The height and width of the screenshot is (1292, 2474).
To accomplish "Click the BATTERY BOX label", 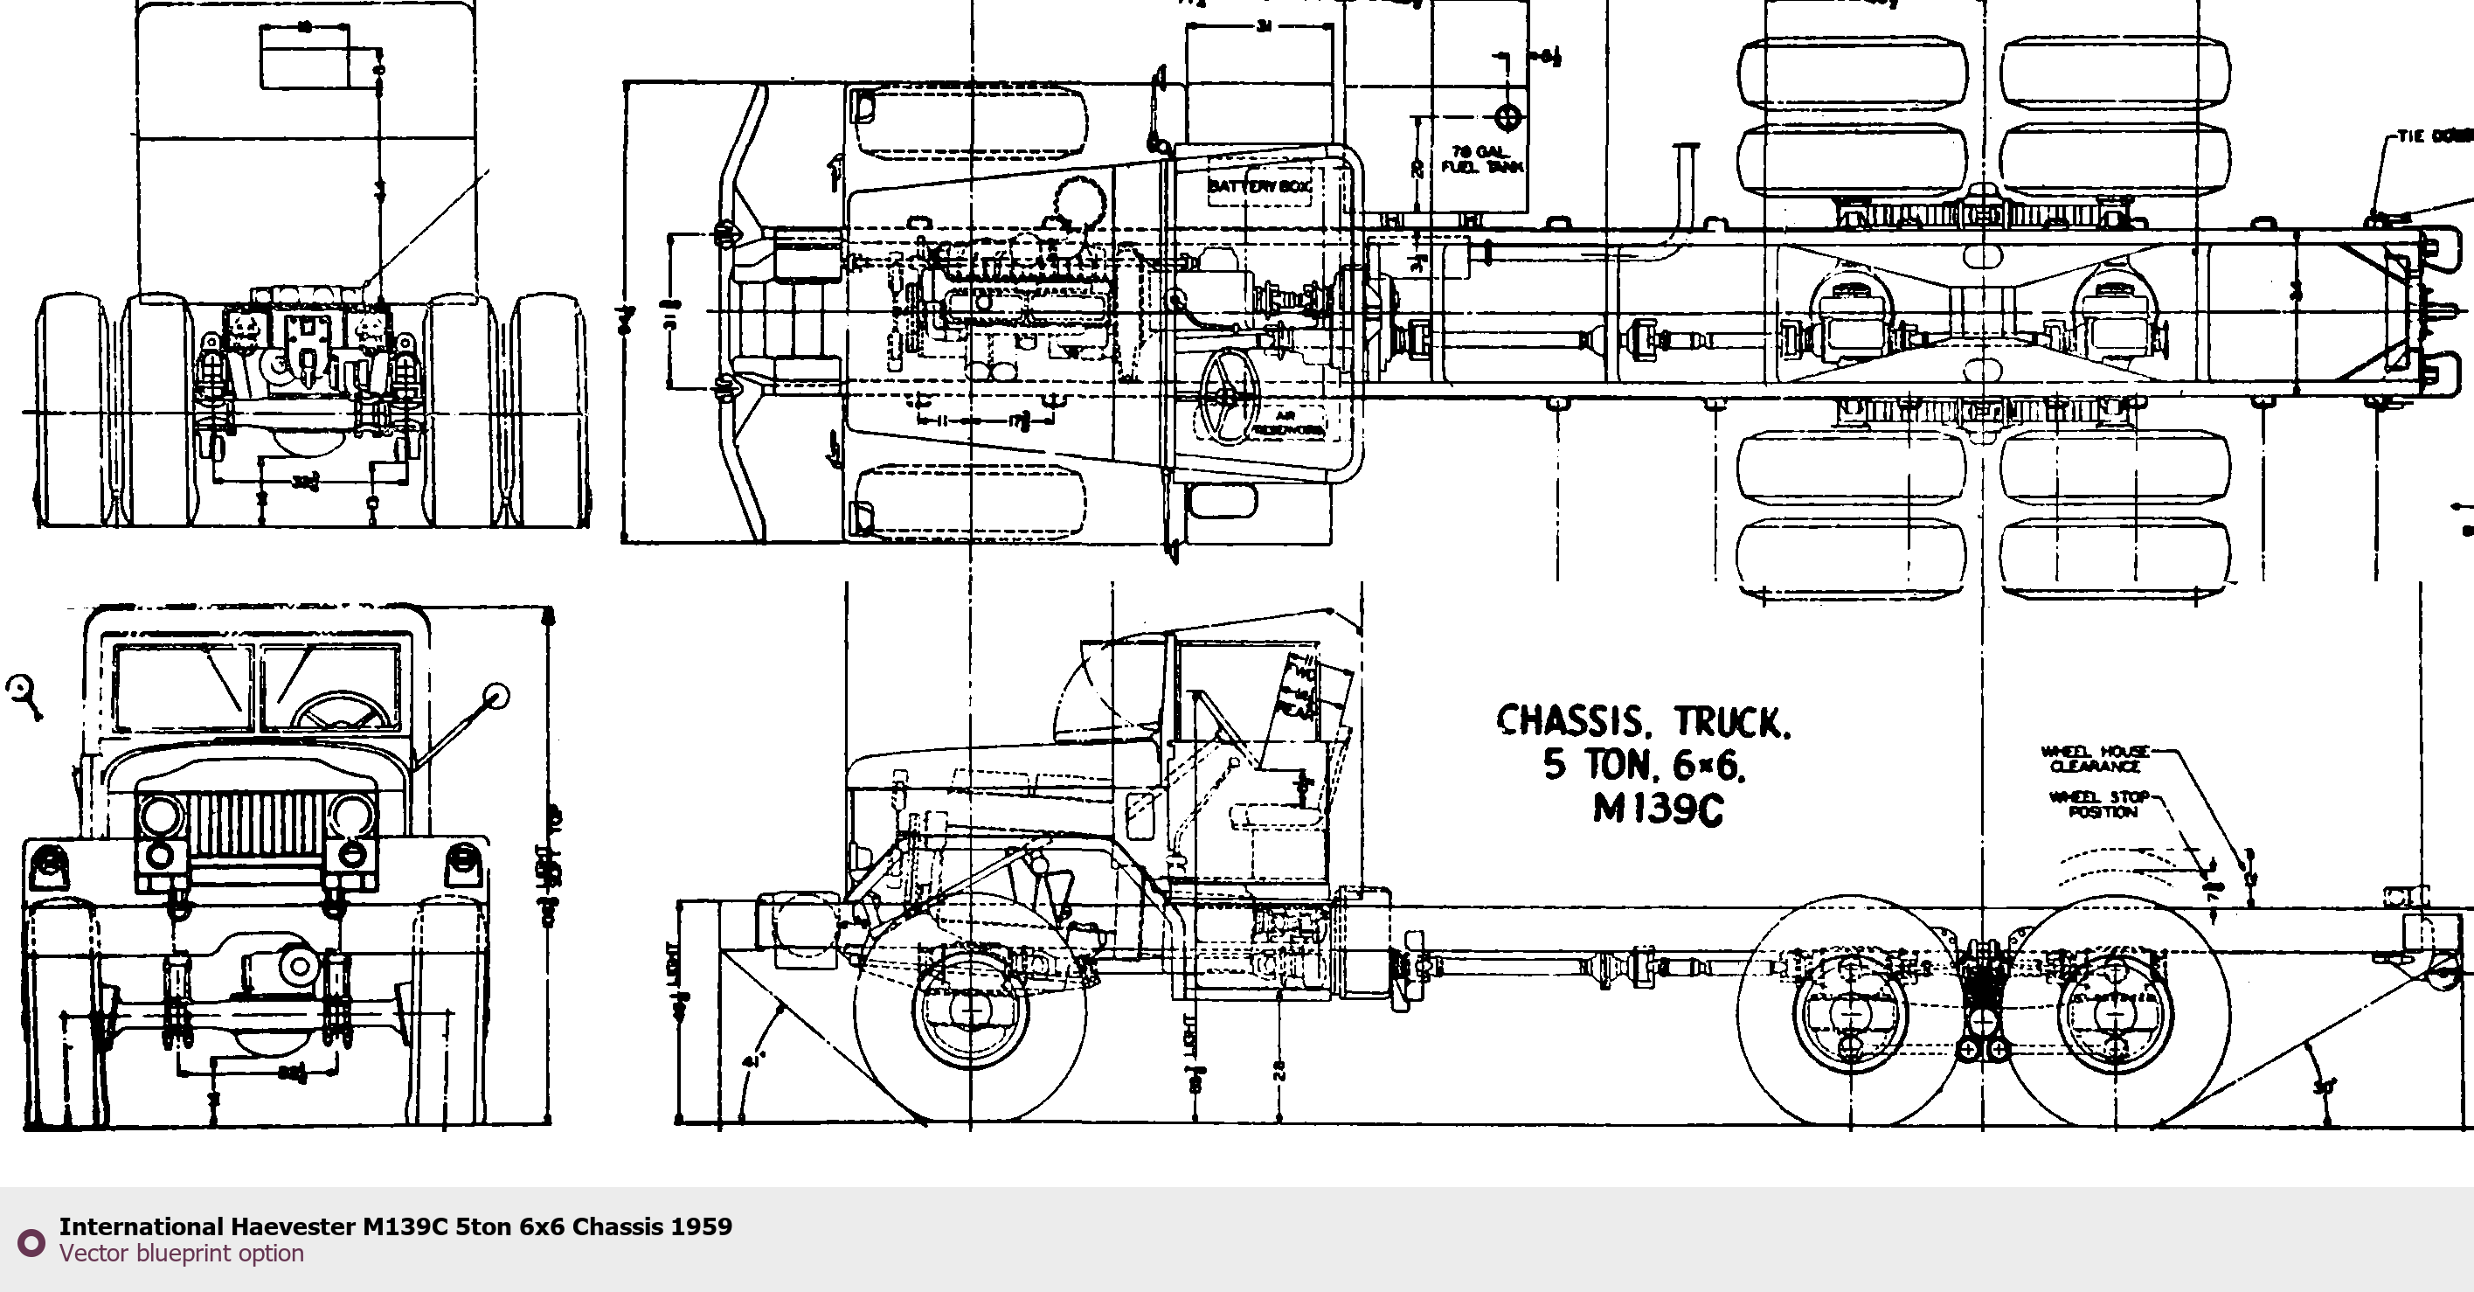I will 1259,185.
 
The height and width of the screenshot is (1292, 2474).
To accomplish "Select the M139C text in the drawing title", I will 1658,809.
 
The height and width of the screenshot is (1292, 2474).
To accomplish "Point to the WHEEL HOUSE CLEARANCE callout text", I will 2095,759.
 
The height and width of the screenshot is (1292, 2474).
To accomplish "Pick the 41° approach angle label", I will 754,1061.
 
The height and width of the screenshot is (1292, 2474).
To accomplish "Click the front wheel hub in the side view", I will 970,1011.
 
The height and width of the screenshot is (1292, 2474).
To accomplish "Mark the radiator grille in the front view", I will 256,826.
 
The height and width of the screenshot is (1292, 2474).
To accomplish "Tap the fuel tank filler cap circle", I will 1507,117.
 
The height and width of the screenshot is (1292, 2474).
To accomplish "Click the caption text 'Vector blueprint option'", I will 182,1254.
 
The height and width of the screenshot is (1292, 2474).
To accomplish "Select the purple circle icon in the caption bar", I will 31,1242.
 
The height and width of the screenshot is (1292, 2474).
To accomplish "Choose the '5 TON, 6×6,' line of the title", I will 1644,766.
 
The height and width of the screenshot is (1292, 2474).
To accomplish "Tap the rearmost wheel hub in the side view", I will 2113,1013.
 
